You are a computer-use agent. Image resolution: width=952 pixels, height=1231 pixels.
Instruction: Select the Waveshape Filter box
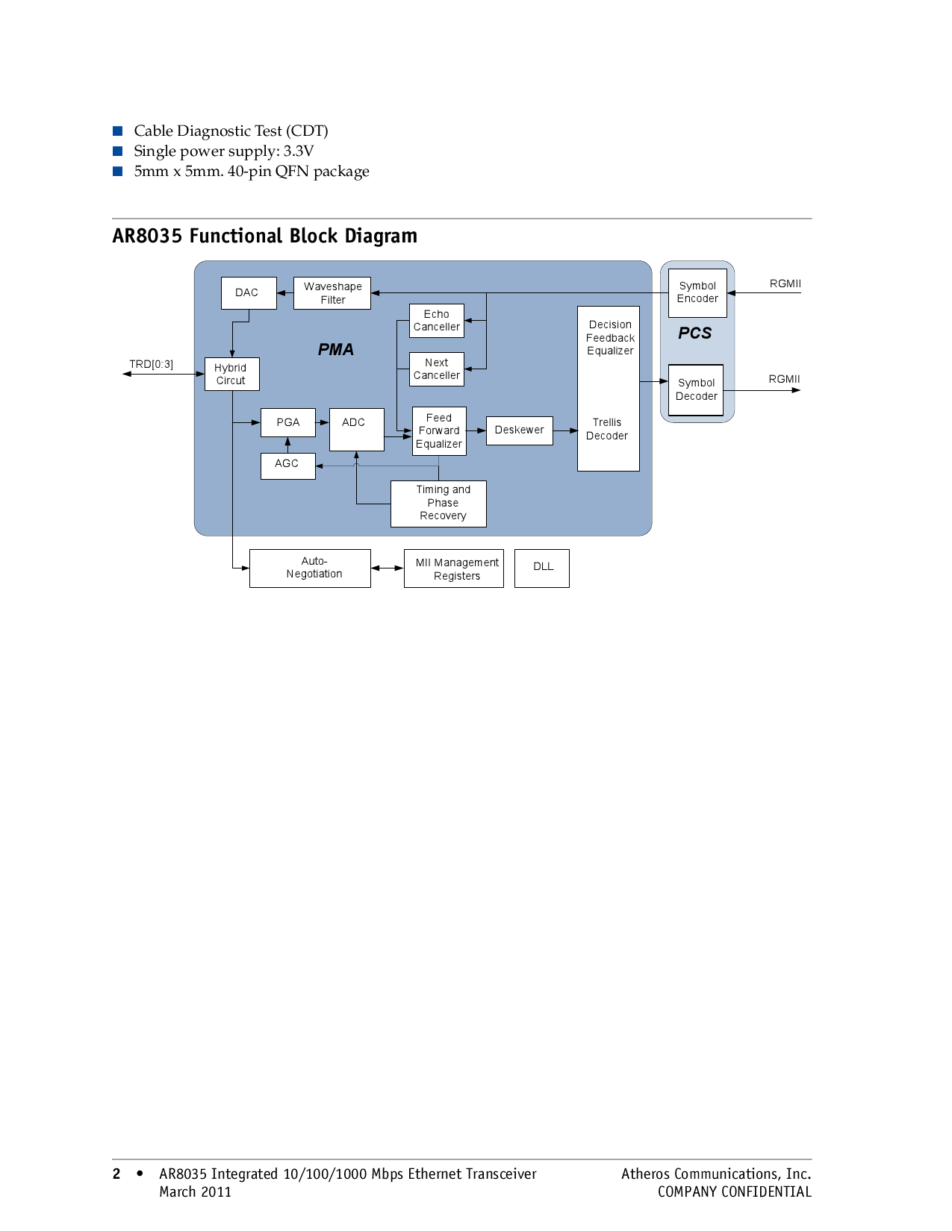pyautogui.click(x=332, y=293)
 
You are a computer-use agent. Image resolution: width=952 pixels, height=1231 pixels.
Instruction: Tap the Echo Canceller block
pyautogui.click(x=437, y=321)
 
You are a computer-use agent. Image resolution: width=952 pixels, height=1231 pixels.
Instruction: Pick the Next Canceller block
pyautogui.click(x=437, y=369)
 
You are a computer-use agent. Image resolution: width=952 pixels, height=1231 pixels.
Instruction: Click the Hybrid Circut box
pyautogui.click(x=231, y=374)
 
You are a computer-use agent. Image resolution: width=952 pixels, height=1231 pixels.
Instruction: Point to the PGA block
pyautogui.click(x=287, y=422)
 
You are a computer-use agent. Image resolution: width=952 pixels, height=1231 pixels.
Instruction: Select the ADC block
pyautogui.click(x=356, y=429)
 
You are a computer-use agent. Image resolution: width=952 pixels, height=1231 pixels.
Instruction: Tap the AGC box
pyautogui.click(x=287, y=466)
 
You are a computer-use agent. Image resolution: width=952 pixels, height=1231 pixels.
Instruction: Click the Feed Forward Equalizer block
pyautogui.click(x=439, y=430)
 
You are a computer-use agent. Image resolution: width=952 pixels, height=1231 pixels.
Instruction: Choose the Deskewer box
pyautogui.click(x=519, y=430)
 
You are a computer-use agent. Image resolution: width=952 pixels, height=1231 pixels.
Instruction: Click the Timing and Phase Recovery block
pyautogui.click(x=438, y=504)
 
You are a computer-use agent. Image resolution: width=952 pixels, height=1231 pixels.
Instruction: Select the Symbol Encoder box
pyautogui.click(x=697, y=292)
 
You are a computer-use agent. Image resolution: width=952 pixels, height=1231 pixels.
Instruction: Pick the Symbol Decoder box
pyautogui.click(x=696, y=389)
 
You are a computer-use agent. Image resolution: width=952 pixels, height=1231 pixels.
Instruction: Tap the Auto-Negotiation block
pyautogui.click(x=310, y=568)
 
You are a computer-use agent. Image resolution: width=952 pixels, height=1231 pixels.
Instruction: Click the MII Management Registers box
pyautogui.click(x=453, y=568)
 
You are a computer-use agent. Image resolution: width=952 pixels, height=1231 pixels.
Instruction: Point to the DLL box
pyautogui.click(x=542, y=568)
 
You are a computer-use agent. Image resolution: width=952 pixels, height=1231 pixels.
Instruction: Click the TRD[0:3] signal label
pyautogui.click(x=151, y=364)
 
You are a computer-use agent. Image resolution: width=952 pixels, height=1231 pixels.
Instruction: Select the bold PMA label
pyautogui.click(x=336, y=349)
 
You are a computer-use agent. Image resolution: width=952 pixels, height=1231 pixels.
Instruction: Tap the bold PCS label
pyautogui.click(x=694, y=333)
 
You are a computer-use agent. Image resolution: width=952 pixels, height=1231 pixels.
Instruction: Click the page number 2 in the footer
pyautogui.click(x=116, y=1174)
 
